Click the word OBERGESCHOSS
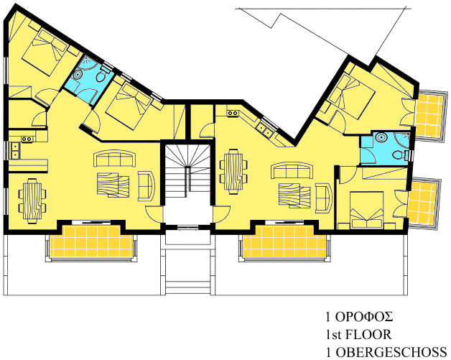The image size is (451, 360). click(x=391, y=353)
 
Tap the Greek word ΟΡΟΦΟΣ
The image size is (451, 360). click(x=364, y=317)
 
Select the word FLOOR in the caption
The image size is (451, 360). click(x=368, y=335)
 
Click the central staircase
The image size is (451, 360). click(x=187, y=171)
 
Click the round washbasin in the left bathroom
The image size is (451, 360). click(x=78, y=75)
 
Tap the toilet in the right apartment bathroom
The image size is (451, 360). click(x=400, y=155)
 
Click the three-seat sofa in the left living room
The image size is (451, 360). click(x=116, y=158)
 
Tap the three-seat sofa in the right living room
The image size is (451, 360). click(x=292, y=170)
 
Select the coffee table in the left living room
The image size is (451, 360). click(x=113, y=185)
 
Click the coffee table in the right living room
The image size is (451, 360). click(x=294, y=195)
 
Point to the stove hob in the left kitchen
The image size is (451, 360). click(x=27, y=139)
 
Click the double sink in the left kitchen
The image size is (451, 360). click(x=14, y=150)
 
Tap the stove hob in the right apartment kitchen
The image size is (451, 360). click(x=233, y=114)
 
